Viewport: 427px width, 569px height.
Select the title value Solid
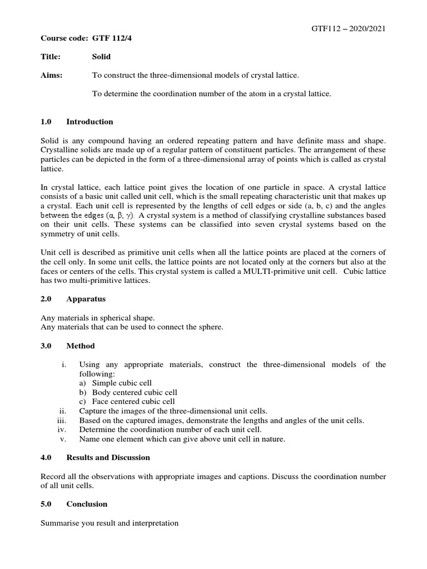pos(101,57)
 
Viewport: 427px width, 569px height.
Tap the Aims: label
pos(52,76)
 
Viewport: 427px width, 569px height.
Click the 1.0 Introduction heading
pos(77,122)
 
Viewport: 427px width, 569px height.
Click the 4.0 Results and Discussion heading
pos(96,457)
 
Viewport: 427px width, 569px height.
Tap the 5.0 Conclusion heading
pos(75,504)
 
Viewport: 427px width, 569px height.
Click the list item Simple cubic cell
pos(122,383)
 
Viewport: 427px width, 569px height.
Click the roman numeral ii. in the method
pos(63,411)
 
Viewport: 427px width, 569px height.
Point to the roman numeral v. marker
pos(63,439)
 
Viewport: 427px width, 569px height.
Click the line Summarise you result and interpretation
pos(110,523)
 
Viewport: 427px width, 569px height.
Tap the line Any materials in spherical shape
pos(98,318)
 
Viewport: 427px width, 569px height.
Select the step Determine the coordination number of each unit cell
pos(170,430)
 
